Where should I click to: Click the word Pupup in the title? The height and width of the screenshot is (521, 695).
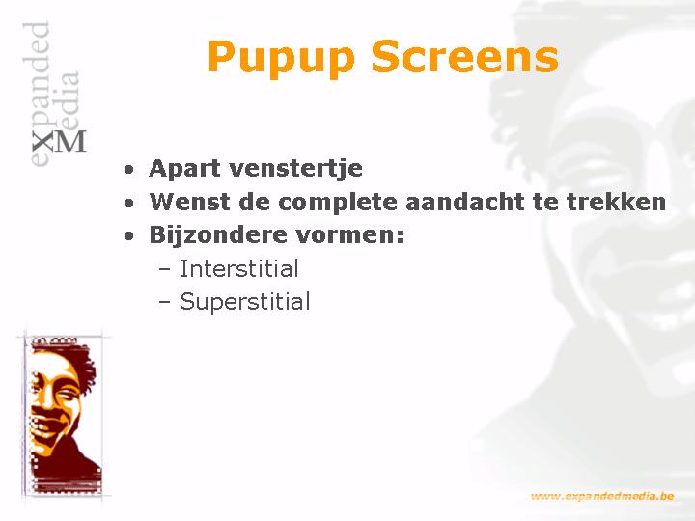coord(281,58)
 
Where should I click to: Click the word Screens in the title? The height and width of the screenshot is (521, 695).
coord(464,56)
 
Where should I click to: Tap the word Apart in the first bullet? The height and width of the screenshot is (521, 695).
coord(183,169)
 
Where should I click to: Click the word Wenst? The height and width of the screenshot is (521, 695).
coord(190,202)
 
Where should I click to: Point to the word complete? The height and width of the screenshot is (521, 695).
coord(339,203)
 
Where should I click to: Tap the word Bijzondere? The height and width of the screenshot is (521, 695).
coord(218,235)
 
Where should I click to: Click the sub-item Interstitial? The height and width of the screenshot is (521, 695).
coord(239,268)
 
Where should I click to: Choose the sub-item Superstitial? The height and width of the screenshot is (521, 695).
coord(244,302)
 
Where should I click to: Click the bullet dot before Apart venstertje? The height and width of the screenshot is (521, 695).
coord(129,170)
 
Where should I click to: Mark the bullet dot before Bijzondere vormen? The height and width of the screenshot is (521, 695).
coord(129,236)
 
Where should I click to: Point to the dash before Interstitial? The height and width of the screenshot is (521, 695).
coord(164,270)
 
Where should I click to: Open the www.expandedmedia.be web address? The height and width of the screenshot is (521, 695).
coord(602,496)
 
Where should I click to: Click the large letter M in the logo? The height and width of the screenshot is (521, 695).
coord(70,142)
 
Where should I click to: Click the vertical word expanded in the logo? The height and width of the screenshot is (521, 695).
coord(37,94)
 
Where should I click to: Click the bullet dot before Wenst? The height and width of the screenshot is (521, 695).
coord(129,203)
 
